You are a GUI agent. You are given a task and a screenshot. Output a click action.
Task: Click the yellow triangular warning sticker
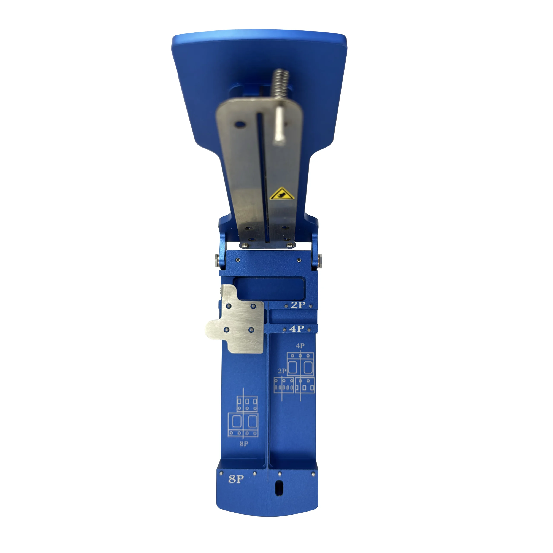pos(282,194)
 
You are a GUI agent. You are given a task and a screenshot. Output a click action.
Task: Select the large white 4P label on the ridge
pos(297,329)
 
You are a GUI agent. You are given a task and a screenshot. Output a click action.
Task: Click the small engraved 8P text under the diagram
pos(244,444)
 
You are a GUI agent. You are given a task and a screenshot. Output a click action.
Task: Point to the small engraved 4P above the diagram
pos(300,346)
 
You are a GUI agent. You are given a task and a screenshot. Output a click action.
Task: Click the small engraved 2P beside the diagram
pos(282,371)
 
